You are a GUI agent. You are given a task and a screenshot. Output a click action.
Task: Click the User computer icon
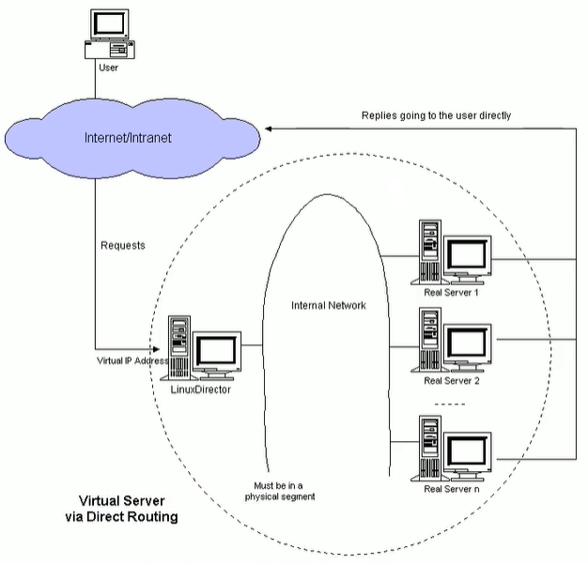tap(110, 33)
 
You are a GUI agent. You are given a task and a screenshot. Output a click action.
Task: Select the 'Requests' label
tap(122, 246)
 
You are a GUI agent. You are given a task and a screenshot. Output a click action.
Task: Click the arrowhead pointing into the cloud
tap(271, 128)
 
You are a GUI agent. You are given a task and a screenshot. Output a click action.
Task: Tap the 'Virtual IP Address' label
tap(132, 359)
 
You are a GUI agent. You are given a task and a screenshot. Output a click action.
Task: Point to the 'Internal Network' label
tap(329, 305)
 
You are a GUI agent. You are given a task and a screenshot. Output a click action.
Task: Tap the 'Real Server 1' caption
tap(452, 292)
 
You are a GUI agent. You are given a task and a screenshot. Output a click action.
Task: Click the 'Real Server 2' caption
tap(452, 381)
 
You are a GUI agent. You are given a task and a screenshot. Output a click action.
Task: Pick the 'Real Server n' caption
tap(452, 489)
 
